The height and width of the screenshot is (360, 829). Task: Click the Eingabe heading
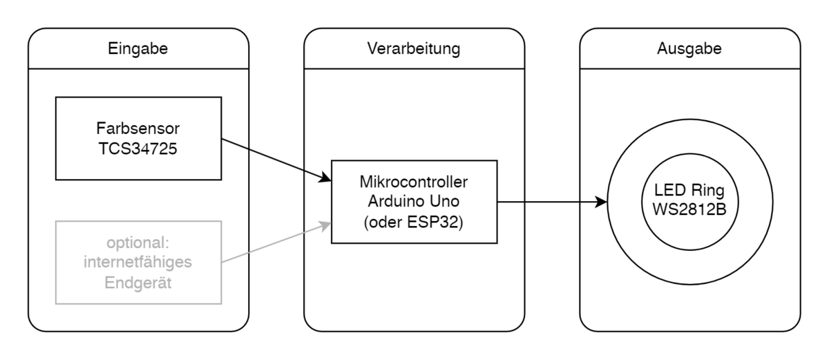(x=138, y=49)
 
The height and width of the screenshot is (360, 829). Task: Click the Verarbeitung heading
(x=414, y=49)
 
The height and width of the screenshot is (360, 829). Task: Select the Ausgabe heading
(x=689, y=49)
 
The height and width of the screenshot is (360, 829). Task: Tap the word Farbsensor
(x=138, y=129)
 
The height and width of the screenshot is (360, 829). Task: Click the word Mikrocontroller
(x=414, y=183)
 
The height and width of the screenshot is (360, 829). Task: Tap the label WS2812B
(x=689, y=209)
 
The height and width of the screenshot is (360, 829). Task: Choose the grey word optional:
(x=138, y=244)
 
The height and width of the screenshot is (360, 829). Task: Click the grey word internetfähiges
(x=138, y=263)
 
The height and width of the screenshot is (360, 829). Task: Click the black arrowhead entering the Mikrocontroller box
(x=325, y=179)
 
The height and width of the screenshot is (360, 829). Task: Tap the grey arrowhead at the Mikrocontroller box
(x=325, y=224)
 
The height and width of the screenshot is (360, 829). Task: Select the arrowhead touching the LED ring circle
(x=601, y=202)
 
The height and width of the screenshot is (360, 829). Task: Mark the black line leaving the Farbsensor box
(x=235, y=143)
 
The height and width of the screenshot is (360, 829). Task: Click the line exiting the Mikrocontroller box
(x=511, y=202)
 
